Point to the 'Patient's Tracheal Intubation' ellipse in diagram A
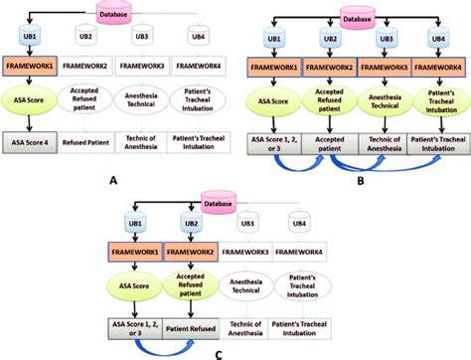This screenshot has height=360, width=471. coord(199,101)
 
